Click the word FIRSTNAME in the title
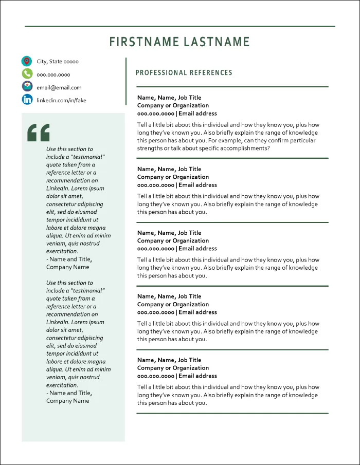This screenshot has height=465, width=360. click(x=142, y=42)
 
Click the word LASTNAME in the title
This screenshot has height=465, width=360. click(x=215, y=42)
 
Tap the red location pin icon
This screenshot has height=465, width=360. click(x=27, y=62)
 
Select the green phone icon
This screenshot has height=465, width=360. click(x=27, y=74)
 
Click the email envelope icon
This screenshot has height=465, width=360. click(x=27, y=86)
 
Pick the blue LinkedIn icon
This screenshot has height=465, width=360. click(x=27, y=100)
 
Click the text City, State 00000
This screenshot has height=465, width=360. click(x=58, y=62)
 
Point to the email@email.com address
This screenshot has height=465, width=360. click(x=59, y=87)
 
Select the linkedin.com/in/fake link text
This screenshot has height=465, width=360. click(x=61, y=100)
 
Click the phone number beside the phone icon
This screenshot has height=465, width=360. click(x=53, y=75)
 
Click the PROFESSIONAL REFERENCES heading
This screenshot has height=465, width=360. click(x=184, y=73)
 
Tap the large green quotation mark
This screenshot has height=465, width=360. click(x=39, y=133)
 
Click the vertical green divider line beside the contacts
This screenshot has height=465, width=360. click(x=126, y=81)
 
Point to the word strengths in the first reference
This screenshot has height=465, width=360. click(x=150, y=148)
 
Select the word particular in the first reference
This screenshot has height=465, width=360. click(x=302, y=140)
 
